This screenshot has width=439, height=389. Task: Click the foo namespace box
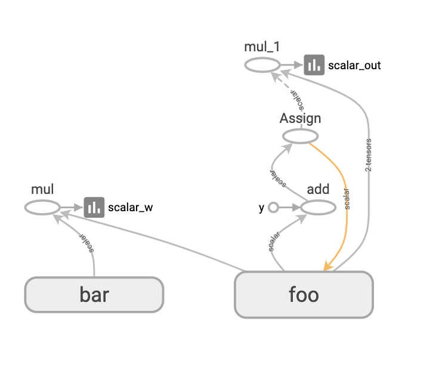pyautogui.click(x=304, y=295)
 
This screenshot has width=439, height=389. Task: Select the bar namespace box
pyautogui.click(x=94, y=294)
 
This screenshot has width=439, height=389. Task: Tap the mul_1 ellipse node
pyautogui.click(x=262, y=65)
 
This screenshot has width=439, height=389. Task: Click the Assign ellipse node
pyautogui.click(x=300, y=136)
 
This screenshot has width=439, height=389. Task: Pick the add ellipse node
pyautogui.click(x=317, y=208)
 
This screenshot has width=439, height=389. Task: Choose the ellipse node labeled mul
pyautogui.click(x=42, y=207)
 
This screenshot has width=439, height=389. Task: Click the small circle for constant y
pyautogui.click(x=274, y=208)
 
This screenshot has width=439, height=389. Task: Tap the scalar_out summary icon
pyautogui.click(x=314, y=65)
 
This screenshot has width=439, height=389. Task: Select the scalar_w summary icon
pyautogui.click(x=94, y=207)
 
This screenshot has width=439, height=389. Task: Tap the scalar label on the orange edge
pyautogui.click(x=347, y=199)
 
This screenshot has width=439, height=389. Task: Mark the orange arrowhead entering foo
pyautogui.click(x=327, y=266)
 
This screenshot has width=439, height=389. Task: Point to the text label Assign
pyautogui.click(x=300, y=118)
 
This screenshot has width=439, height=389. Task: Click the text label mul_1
pyautogui.click(x=262, y=47)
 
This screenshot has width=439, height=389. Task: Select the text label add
pyautogui.click(x=317, y=189)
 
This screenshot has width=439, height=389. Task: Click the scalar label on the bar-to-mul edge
pyautogui.click(x=88, y=241)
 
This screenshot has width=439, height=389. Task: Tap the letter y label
pyautogui.click(x=261, y=208)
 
